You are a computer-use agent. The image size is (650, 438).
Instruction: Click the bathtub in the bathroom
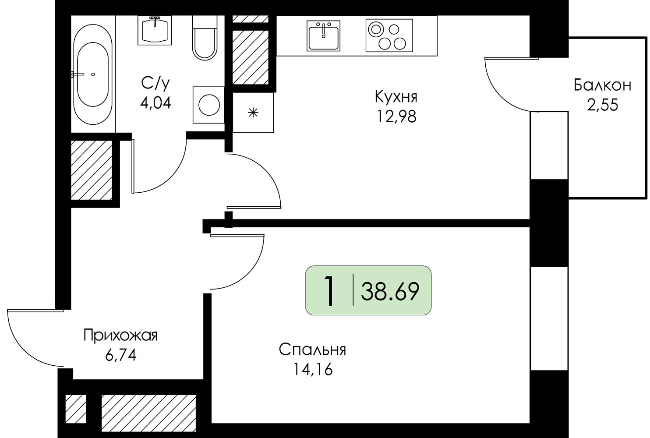(93, 74)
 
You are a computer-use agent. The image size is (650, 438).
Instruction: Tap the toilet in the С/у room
(205, 38)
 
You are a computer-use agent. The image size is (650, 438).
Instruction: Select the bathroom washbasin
(155, 30)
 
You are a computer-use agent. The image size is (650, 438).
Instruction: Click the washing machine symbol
(208, 105)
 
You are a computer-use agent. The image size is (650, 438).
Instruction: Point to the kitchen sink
(323, 35)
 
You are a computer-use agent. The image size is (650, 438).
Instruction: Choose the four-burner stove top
(389, 35)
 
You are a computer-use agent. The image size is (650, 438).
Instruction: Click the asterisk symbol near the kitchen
(253, 113)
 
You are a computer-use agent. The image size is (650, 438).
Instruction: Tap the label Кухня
(396, 97)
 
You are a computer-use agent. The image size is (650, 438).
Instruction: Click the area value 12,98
(396, 117)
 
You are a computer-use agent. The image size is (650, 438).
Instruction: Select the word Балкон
(602, 85)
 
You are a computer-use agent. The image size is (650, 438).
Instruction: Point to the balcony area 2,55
(602, 105)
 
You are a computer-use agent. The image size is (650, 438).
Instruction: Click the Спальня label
(313, 350)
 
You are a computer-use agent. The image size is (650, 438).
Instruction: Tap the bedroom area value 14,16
(313, 370)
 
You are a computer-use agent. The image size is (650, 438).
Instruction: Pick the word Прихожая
(120, 335)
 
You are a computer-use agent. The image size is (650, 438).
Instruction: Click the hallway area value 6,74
(121, 355)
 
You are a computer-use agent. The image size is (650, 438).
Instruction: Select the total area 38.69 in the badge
(390, 291)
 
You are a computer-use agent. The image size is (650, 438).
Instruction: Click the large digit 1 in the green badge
(329, 291)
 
